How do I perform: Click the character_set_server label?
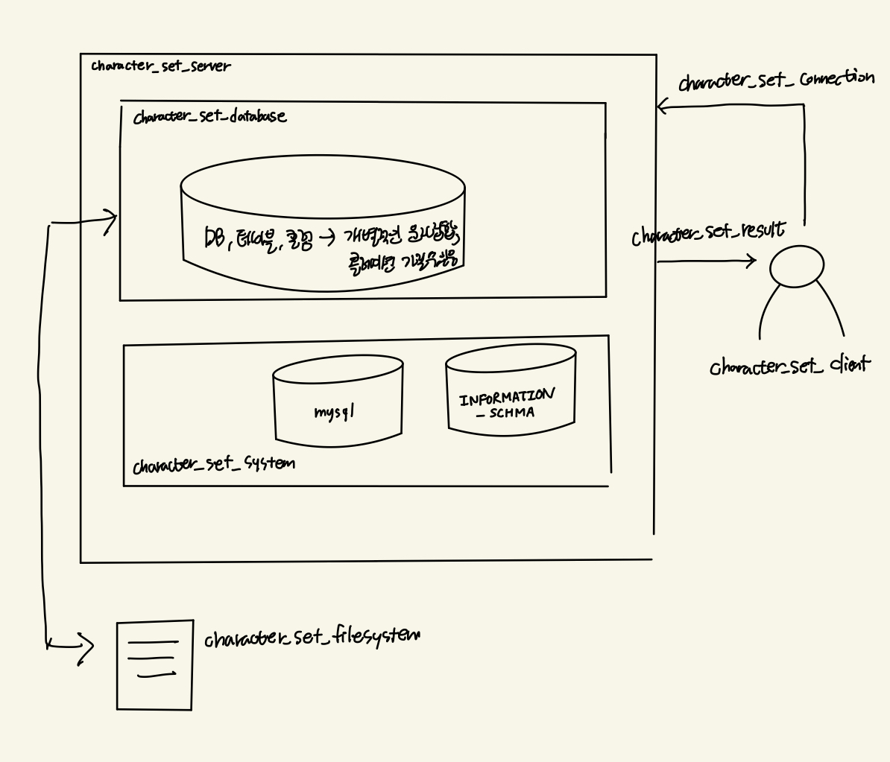pyautogui.click(x=161, y=66)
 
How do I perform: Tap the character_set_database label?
pyautogui.click(x=209, y=117)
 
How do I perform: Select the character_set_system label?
pyautogui.click(x=213, y=465)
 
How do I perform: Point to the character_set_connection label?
pyautogui.click(x=776, y=80)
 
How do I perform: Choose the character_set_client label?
pyautogui.click(x=789, y=366)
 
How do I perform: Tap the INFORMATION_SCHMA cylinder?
pyautogui.click(x=511, y=387)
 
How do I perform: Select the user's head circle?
pyautogui.click(x=797, y=266)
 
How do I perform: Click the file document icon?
pyautogui.click(x=154, y=664)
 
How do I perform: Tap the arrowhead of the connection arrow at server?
pyautogui.click(x=662, y=107)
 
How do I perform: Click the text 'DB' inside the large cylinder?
pyautogui.click(x=216, y=238)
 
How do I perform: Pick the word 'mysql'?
pyautogui.click(x=333, y=410)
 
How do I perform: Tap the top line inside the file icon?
pyautogui.click(x=153, y=641)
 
